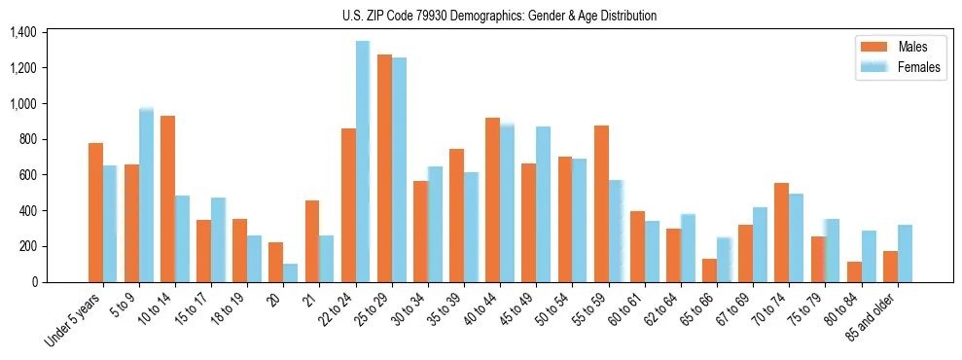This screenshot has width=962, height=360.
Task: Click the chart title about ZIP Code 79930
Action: point(499,16)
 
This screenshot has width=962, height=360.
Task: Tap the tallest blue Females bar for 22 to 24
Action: point(363,162)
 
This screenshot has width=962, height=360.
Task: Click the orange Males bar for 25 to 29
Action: point(384,168)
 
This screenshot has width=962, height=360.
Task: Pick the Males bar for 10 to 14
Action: point(167,198)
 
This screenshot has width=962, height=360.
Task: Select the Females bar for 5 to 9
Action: point(146,195)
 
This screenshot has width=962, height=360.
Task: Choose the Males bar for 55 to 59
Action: point(601,203)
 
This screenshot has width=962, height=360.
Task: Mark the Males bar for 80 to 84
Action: point(854,271)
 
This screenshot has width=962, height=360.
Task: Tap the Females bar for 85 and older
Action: point(905,253)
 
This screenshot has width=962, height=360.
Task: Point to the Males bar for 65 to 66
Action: point(710,270)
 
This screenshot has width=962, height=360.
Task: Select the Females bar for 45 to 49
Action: point(543,204)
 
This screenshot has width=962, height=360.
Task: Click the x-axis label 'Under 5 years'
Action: point(74,320)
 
